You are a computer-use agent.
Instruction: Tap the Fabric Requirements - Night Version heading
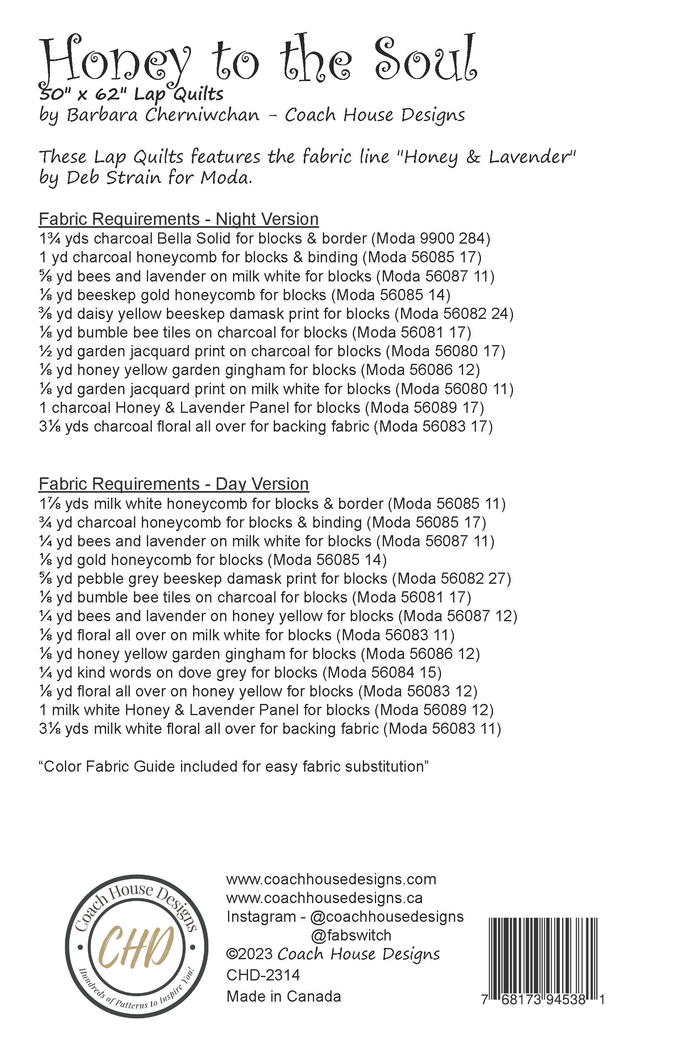pyautogui.click(x=178, y=219)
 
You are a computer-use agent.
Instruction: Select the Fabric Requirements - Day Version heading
pyautogui.click(x=173, y=484)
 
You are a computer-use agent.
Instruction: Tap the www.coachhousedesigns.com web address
pyautogui.click(x=331, y=879)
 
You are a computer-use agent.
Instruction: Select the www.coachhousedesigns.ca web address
pyautogui.click(x=325, y=898)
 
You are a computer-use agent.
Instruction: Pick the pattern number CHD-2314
pyautogui.click(x=263, y=975)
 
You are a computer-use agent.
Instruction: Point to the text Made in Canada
pyautogui.click(x=284, y=996)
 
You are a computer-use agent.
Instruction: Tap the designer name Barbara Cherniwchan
pyautogui.click(x=163, y=115)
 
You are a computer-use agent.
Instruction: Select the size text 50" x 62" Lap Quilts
pyautogui.click(x=131, y=94)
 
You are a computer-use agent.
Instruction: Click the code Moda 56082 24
pyautogui.click(x=454, y=314)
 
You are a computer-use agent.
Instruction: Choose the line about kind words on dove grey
pyautogui.click(x=240, y=672)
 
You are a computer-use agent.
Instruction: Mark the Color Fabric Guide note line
pyautogui.click(x=234, y=766)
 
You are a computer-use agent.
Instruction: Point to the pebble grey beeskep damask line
pyautogui.click(x=275, y=578)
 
